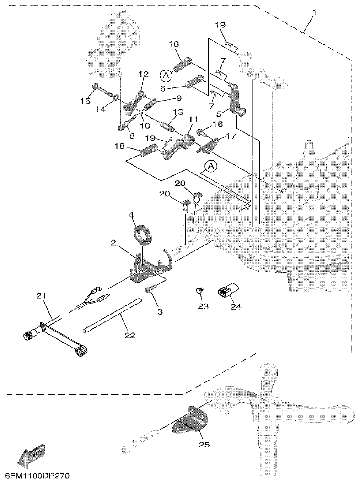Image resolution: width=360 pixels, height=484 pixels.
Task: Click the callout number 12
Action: point(144,74)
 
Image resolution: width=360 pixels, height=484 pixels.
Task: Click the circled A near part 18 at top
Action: point(165,74)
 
